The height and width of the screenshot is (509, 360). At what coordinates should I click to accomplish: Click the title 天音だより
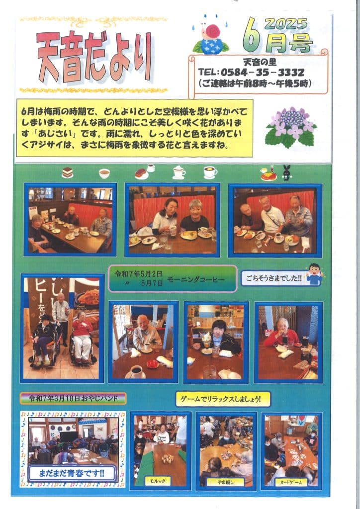coord(94,58)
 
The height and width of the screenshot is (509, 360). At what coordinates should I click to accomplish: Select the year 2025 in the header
coord(285,24)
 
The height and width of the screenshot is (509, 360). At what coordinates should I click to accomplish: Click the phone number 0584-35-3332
coord(263,72)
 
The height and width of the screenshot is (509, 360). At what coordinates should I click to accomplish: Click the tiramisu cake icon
coord(68,172)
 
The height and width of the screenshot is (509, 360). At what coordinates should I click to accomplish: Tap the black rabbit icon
coord(286,172)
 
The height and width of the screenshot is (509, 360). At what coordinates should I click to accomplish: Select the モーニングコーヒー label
coord(196,279)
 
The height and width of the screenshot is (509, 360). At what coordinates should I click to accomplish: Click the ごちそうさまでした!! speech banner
coord(273,278)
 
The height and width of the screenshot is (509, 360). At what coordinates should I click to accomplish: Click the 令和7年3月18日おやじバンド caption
coord(73,398)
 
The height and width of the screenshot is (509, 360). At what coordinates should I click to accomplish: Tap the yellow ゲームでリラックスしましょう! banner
coord(223,399)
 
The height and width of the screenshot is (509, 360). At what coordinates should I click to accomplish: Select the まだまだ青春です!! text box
coord(72,473)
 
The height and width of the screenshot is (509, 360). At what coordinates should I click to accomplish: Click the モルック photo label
coord(158,481)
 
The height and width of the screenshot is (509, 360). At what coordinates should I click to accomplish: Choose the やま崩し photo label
coord(226,482)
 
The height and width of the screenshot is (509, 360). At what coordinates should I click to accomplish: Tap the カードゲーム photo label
coord(291,482)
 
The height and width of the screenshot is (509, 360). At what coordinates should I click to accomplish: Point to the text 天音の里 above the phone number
coord(260,62)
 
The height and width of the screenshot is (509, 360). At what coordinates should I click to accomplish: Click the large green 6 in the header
coord(253,35)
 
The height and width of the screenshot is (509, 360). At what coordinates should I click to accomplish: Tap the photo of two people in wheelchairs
coord(62,328)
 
